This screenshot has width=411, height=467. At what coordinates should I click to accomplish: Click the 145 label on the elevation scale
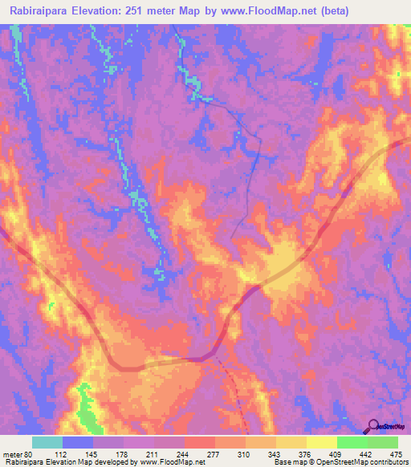click(91, 454)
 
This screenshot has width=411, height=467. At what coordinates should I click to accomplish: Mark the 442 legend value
click(366, 454)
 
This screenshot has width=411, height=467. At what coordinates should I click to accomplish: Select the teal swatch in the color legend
click(47, 442)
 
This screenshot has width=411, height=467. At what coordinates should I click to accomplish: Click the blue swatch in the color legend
click(78, 442)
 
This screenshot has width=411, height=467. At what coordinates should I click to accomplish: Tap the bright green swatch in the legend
click(352, 442)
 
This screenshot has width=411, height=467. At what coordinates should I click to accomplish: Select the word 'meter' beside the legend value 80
click(14, 454)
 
